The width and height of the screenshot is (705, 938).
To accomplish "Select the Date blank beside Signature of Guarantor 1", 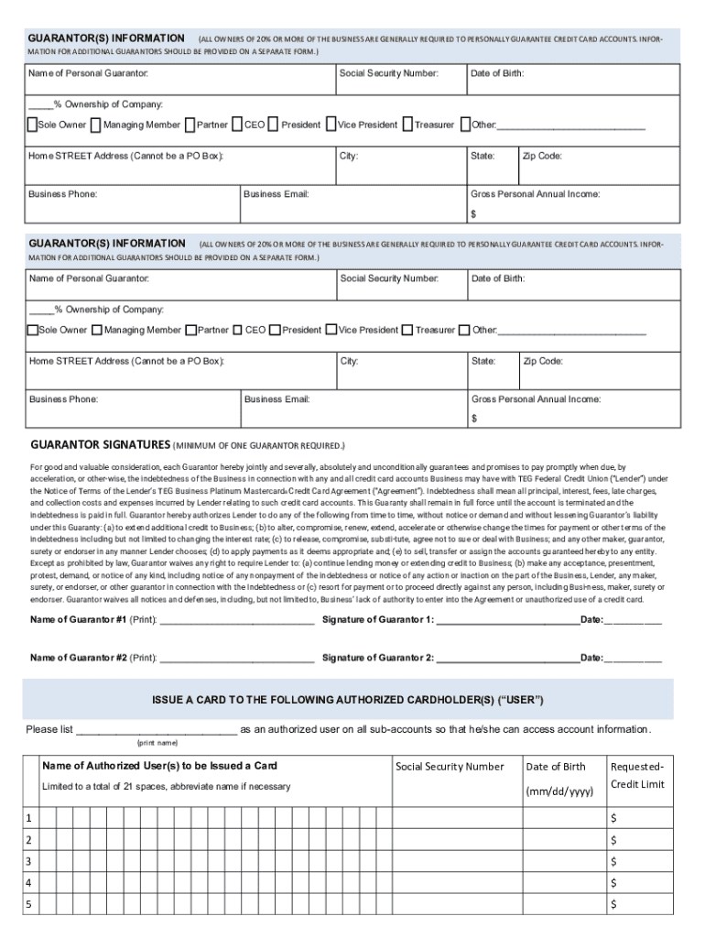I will (633, 621).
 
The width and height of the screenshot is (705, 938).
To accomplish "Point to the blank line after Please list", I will (156, 731).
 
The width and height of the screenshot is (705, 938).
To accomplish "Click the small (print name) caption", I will (157, 743).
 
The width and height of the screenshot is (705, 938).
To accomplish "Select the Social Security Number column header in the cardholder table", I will (450, 767).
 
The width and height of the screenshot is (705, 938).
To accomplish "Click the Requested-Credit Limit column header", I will (637, 775).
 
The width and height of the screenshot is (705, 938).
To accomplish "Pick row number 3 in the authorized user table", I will (28, 861).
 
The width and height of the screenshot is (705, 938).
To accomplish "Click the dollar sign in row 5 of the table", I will (614, 905).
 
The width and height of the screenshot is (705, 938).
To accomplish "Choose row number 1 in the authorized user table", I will (28, 818).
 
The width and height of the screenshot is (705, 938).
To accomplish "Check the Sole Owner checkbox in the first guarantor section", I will (32, 125).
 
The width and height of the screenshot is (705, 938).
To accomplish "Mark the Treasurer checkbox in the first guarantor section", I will (407, 125).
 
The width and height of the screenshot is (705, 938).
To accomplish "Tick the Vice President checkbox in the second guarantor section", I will (331, 330).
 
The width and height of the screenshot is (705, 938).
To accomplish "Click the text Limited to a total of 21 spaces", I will (166, 787).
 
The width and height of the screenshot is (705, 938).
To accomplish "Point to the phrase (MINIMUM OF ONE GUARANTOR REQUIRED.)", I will (260, 446).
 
